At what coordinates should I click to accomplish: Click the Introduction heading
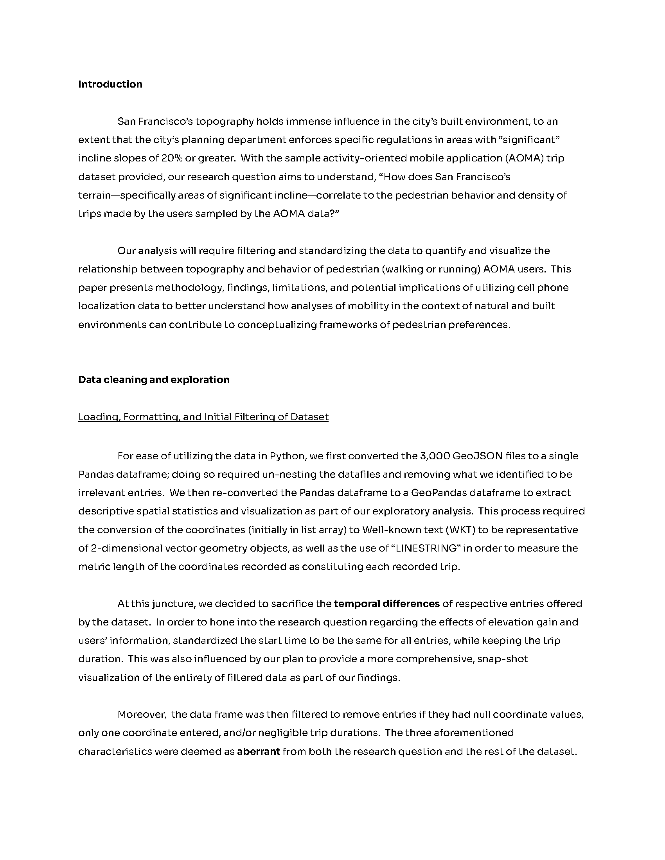pos(110,84)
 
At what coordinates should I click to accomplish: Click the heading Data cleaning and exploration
pos(154,380)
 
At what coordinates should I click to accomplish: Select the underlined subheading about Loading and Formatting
pos(203,417)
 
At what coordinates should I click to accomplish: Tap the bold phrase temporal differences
pos(386,604)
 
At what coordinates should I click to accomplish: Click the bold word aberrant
pos(259,752)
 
